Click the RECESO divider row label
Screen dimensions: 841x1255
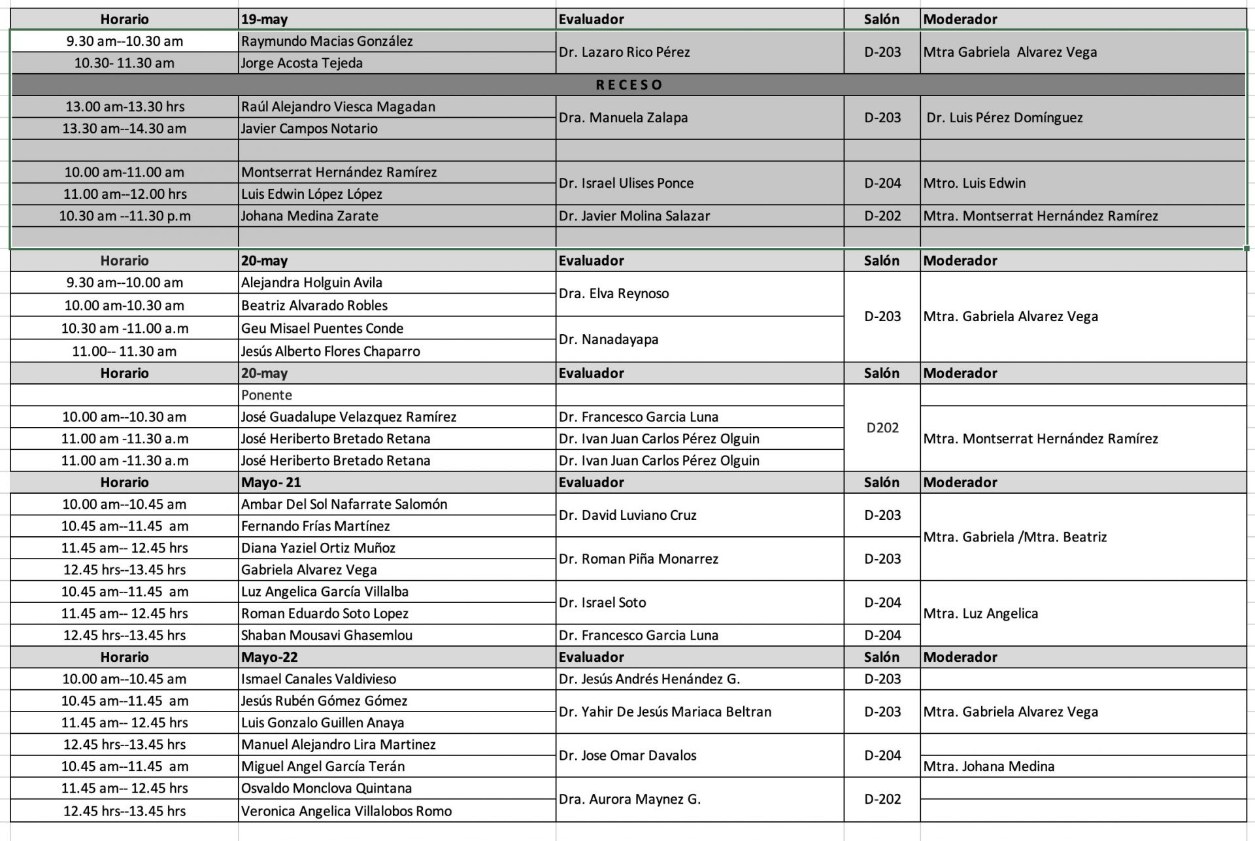[629, 85]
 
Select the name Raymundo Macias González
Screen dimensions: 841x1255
[327, 41]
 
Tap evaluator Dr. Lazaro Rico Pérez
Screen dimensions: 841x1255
[624, 52]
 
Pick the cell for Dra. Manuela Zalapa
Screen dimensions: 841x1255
[623, 118]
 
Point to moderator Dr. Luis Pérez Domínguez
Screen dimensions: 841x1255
[1005, 118]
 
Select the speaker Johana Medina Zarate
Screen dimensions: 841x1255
[309, 216]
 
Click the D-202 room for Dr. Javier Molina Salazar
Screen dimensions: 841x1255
[882, 216]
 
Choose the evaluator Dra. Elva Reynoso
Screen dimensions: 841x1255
[614, 294]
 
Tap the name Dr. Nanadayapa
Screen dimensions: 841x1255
[608, 339]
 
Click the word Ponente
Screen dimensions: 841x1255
[266, 395]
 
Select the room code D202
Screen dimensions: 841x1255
[882, 428]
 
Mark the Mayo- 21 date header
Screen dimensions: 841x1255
[271, 483]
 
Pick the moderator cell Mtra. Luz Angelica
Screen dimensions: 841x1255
[980, 613]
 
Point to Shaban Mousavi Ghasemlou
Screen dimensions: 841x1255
[326, 635]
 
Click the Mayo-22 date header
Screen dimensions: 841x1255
[269, 657]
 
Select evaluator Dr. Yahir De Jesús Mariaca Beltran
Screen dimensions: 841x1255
[665, 712]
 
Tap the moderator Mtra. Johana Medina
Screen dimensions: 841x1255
[988, 766]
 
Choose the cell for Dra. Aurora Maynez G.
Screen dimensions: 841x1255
[629, 799]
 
